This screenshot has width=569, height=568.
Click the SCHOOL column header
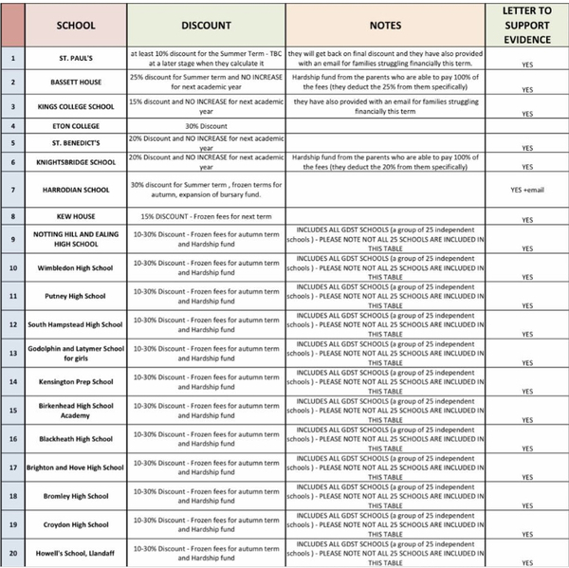(76, 26)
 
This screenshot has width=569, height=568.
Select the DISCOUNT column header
(206, 26)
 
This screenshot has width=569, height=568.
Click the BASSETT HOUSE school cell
(76, 82)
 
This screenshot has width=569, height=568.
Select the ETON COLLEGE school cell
(76, 125)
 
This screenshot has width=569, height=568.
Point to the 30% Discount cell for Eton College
(206, 125)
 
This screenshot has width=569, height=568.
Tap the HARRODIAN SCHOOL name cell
(76, 190)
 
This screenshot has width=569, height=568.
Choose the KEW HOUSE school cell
(76, 217)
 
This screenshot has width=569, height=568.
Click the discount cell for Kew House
(206, 216)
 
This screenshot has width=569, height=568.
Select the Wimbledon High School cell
(76, 268)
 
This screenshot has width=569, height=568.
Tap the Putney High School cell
(76, 297)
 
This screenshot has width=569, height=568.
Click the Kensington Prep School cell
(76, 382)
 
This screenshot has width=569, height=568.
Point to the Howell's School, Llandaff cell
(76, 553)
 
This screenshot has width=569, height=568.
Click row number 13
(13, 354)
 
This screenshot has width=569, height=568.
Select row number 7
(13, 190)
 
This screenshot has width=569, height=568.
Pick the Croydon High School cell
(76, 524)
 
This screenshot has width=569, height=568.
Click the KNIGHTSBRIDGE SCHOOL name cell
(76, 162)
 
